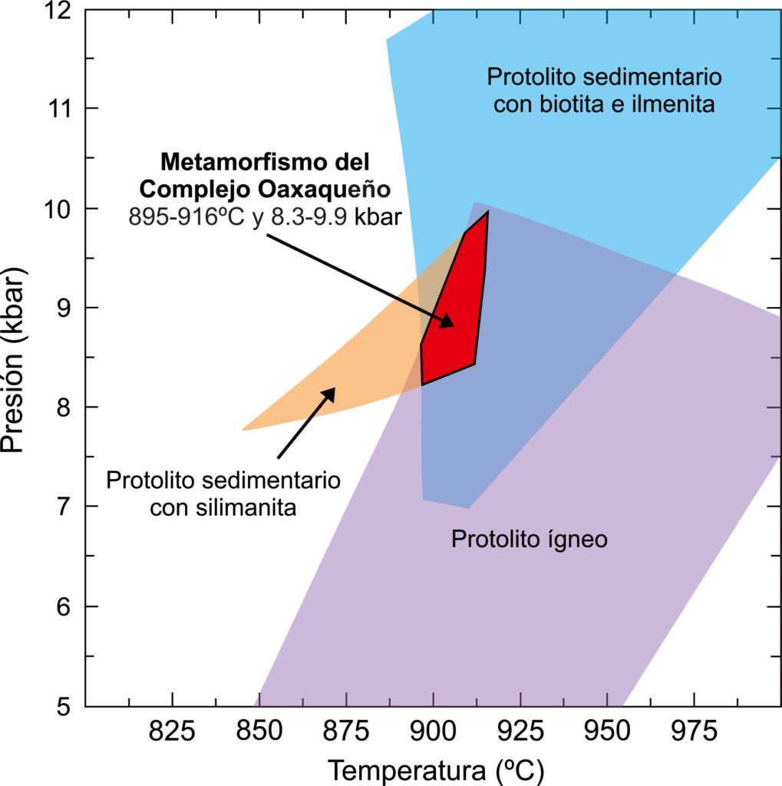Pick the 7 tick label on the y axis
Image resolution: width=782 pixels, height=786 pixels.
[64, 507]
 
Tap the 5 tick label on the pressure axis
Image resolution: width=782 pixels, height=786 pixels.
[64, 705]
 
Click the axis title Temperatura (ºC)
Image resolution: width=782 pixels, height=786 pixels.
[435, 769]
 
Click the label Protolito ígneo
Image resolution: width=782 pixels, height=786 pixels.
[529, 539]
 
